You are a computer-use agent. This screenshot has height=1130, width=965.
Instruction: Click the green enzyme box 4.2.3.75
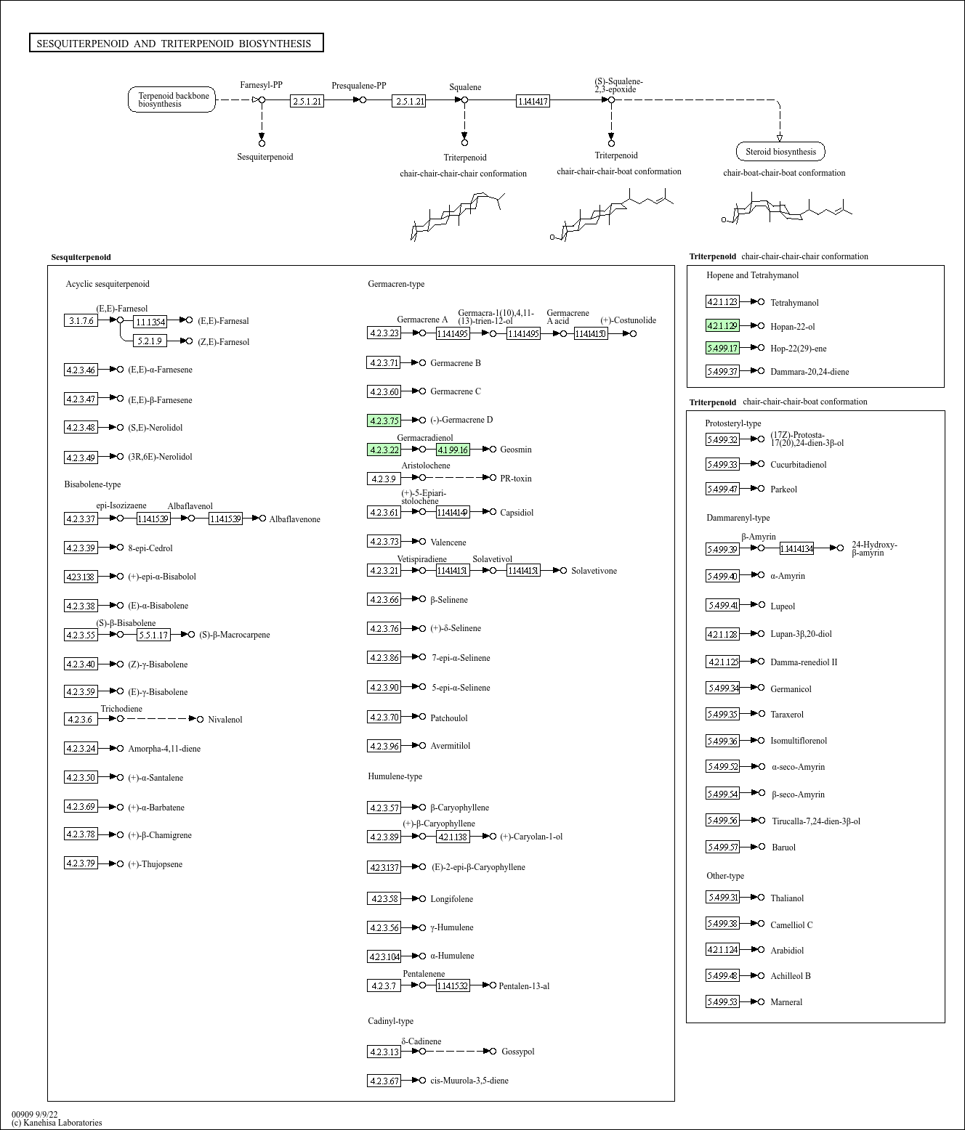(x=384, y=420)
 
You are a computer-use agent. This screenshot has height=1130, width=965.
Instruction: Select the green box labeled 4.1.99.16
(x=453, y=450)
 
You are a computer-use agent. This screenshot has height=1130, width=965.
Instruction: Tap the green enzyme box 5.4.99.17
(x=722, y=348)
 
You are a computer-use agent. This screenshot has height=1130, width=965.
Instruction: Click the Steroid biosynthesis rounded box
(x=780, y=152)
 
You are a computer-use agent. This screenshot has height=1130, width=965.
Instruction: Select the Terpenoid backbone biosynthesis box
(x=172, y=99)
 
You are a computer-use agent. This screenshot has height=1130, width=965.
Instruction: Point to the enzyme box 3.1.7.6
(x=81, y=320)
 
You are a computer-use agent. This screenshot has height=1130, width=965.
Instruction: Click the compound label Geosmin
(x=515, y=450)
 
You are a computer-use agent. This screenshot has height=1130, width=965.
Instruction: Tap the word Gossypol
(x=517, y=1052)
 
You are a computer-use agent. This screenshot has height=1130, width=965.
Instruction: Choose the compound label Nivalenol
(x=225, y=720)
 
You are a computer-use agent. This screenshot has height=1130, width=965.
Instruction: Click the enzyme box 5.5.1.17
(x=153, y=635)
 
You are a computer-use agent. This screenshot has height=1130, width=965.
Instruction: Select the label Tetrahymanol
(x=794, y=303)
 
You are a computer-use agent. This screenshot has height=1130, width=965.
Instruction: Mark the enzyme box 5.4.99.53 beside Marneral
(x=722, y=1001)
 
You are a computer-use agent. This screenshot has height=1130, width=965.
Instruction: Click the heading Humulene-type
(x=395, y=776)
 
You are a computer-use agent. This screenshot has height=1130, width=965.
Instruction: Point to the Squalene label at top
(x=465, y=87)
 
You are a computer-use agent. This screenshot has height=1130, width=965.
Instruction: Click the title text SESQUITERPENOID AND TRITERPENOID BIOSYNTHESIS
(x=174, y=44)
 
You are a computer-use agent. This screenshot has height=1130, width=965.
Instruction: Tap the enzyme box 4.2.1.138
(x=453, y=837)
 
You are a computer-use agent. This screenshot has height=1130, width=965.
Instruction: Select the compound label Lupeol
(x=783, y=606)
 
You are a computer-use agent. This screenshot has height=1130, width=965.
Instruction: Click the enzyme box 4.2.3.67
(x=384, y=1081)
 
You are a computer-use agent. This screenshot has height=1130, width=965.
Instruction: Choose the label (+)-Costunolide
(x=628, y=320)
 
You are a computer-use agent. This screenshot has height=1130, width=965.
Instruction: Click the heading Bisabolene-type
(x=92, y=484)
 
